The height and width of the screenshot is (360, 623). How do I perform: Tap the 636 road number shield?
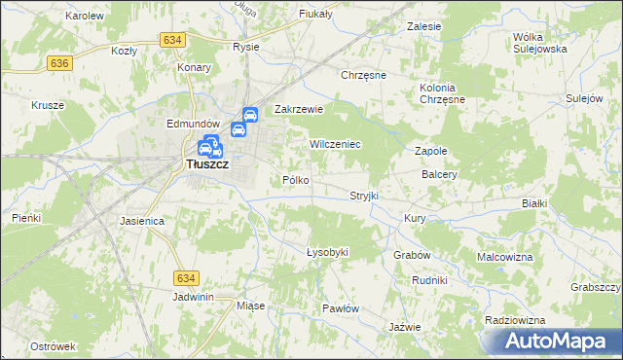[59, 62]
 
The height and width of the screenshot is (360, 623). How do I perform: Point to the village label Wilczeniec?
[335, 144]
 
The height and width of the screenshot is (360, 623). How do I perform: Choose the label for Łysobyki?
[327, 252]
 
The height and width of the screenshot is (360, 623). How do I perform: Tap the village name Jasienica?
[142, 221]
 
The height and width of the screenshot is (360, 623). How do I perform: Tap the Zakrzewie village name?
[298, 110]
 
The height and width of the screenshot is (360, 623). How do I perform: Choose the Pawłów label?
[341, 308]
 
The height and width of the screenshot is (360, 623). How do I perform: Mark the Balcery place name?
[440, 175]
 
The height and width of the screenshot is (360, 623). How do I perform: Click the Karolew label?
[84, 17]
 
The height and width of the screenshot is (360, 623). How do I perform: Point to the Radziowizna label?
[511, 320]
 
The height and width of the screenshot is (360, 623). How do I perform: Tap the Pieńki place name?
[26, 218]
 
